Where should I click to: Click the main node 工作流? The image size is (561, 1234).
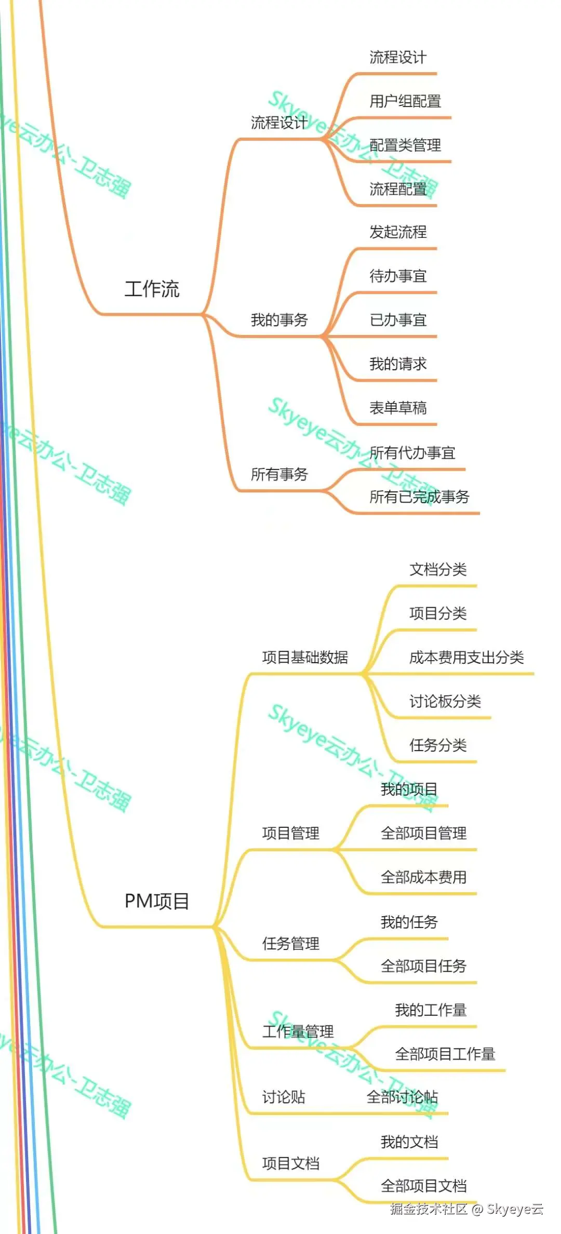(x=152, y=289)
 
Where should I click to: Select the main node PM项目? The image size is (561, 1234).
(x=157, y=901)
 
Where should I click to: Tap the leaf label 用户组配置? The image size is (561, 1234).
(x=405, y=101)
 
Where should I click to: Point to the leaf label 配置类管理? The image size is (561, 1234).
(x=405, y=145)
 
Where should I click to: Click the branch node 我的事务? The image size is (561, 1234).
(x=279, y=319)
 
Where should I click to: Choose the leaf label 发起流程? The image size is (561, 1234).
(x=398, y=232)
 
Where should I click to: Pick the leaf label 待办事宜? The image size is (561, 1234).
(x=398, y=276)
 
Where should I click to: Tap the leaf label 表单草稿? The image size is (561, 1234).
(x=398, y=408)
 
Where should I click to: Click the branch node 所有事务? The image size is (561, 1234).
(x=279, y=474)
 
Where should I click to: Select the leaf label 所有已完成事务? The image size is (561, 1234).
(x=419, y=497)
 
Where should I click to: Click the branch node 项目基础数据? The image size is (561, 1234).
(x=305, y=657)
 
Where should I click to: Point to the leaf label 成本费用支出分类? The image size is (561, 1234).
(x=466, y=657)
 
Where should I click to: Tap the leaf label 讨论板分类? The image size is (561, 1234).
(x=445, y=701)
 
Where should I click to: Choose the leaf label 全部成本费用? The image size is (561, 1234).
(x=423, y=877)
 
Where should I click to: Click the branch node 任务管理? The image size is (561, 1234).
(x=291, y=943)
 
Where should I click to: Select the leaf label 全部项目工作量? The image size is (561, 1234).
(x=445, y=1054)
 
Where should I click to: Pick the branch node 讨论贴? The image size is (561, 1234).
(x=284, y=1097)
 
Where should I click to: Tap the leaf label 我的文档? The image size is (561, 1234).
(x=409, y=1142)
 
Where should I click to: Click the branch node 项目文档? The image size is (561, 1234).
(x=291, y=1163)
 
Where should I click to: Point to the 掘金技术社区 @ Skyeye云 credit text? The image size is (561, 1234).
(x=466, y=1209)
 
